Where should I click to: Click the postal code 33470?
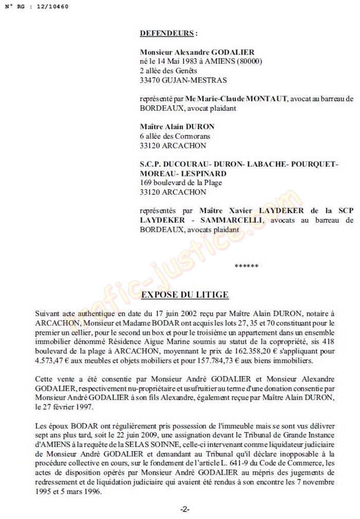pos(151,80)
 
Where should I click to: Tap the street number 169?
pos(146,183)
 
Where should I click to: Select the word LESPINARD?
pos(201,173)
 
